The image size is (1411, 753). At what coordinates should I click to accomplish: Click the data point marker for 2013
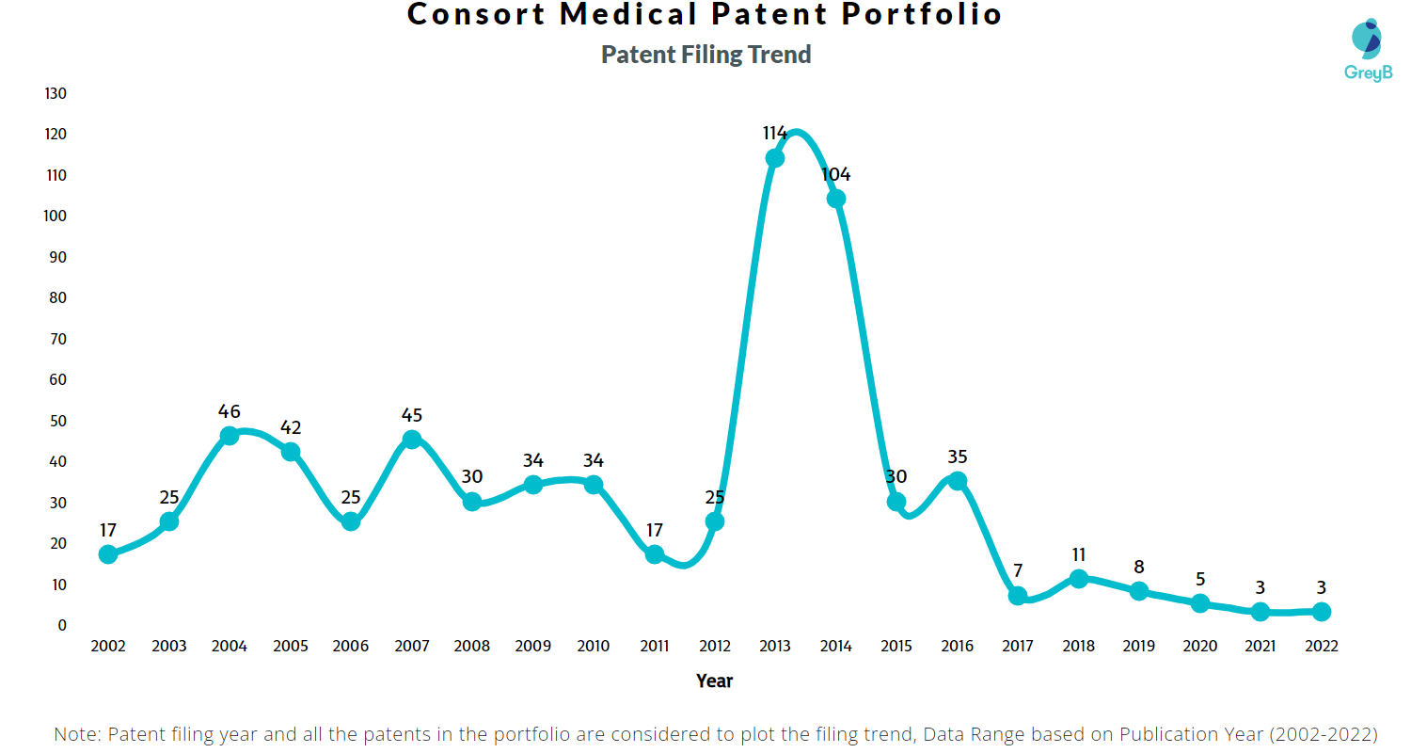[x=775, y=158]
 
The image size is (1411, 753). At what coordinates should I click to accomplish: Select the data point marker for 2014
[x=835, y=199]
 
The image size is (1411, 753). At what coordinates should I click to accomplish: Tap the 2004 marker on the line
[x=230, y=436]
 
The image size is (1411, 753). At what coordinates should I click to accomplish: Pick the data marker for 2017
[x=1018, y=596]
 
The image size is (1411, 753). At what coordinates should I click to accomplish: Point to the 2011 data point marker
[x=655, y=554]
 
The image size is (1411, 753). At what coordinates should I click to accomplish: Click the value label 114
[x=775, y=133]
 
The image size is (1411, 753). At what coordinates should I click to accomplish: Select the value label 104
[x=835, y=174]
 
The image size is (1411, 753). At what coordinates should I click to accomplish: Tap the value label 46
[x=230, y=411]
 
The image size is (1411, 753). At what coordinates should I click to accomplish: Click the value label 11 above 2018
[x=1078, y=554]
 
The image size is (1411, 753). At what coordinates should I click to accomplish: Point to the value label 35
[x=958, y=457]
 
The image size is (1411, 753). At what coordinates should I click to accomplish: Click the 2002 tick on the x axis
[x=108, y=646]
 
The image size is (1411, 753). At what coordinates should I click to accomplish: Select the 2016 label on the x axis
[x=958, y=646]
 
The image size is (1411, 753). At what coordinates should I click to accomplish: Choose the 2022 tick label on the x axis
[x=1321, y=646]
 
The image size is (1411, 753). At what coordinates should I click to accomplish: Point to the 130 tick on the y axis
[x=55, y=93]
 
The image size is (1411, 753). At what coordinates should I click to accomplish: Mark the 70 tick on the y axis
[x=59, y=339]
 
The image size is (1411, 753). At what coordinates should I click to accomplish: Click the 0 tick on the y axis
[x=63, y=625]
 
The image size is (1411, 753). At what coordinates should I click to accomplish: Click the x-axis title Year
[x=714, y=681]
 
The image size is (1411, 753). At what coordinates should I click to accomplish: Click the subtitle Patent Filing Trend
[x=705, y=55]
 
